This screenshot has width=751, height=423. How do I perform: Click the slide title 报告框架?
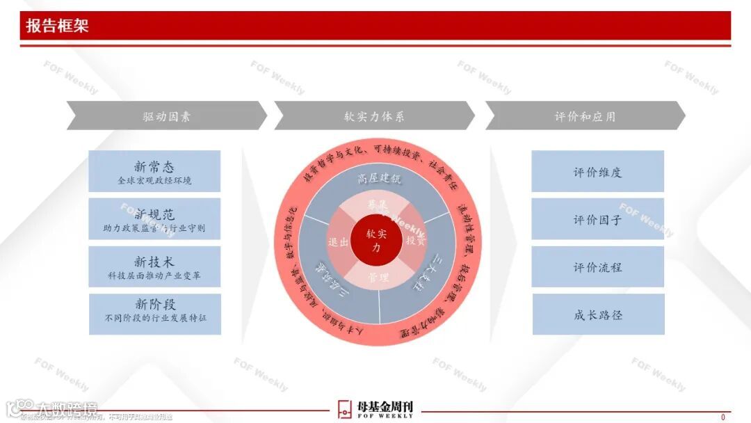pyautogui.click(x=58, y=26)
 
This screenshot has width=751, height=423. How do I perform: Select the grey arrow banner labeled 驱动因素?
pyautogui.click(x=167, y=116)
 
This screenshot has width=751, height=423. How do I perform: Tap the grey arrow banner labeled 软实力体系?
pyautogui.click(x=374, y=116)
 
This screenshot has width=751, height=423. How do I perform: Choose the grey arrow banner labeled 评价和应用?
pyautogui.click(x=585, y=116)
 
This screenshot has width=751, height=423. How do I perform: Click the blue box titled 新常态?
pyautogui.click(x=154, y=172)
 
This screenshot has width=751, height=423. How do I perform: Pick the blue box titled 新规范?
pyautogui.click(x=154, y=219)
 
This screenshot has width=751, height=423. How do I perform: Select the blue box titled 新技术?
pyautogui.click(x=154, y=267)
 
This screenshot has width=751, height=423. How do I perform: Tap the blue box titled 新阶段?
pyautogui.click(x=154, y=314)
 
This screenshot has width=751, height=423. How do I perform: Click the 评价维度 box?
pyautogui.click(x=597, y=172)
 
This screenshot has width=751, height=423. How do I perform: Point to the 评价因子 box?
pyautogui.click(x=597, y=220)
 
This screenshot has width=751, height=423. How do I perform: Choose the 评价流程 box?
pyautogui.click(x=597, y=267)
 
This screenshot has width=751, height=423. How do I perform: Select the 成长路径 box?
pyautogui.click(x=597, y=314)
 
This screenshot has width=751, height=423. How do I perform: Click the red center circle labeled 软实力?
pyautogui.click(x=375, y=241)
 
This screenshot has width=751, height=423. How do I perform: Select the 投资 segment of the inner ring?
pyautogui.click(x=415, y=241)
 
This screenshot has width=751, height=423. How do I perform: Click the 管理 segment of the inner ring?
pyautogui.click(x=376, y=278)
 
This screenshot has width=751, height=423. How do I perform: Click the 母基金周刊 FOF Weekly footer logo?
pyautogui.click(x=375, y=409)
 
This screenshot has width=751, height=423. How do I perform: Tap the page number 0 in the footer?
pyautogui.click(x=722, y=417)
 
